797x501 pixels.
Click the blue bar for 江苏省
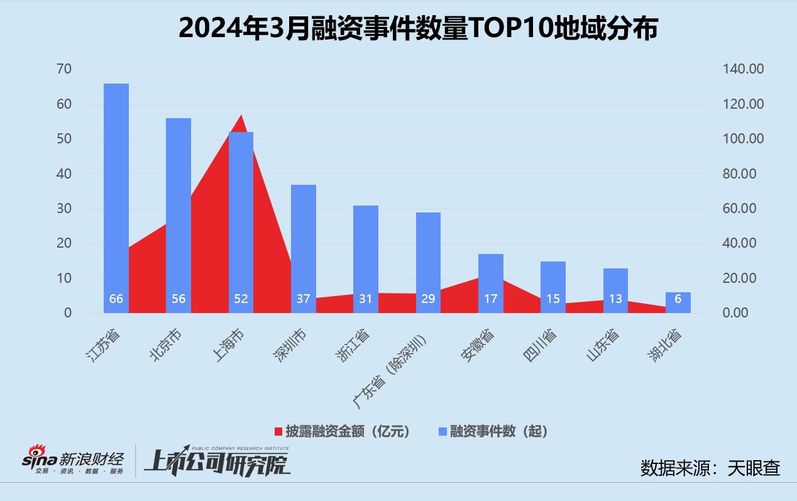pos(116,189)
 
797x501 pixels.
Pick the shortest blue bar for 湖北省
pos(678,302)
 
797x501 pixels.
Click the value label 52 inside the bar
pos(241,299)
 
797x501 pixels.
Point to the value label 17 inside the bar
pos(490,299)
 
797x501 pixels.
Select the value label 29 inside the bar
pos(428,299)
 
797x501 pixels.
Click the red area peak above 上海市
pos(240,119)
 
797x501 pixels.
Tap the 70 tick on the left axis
pos(64,69)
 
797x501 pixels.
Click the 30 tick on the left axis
pos(64,209)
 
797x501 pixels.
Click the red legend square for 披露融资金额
pos(278,431)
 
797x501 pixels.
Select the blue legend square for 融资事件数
pos(442,431)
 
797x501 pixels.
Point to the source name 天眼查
pos(754,468)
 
